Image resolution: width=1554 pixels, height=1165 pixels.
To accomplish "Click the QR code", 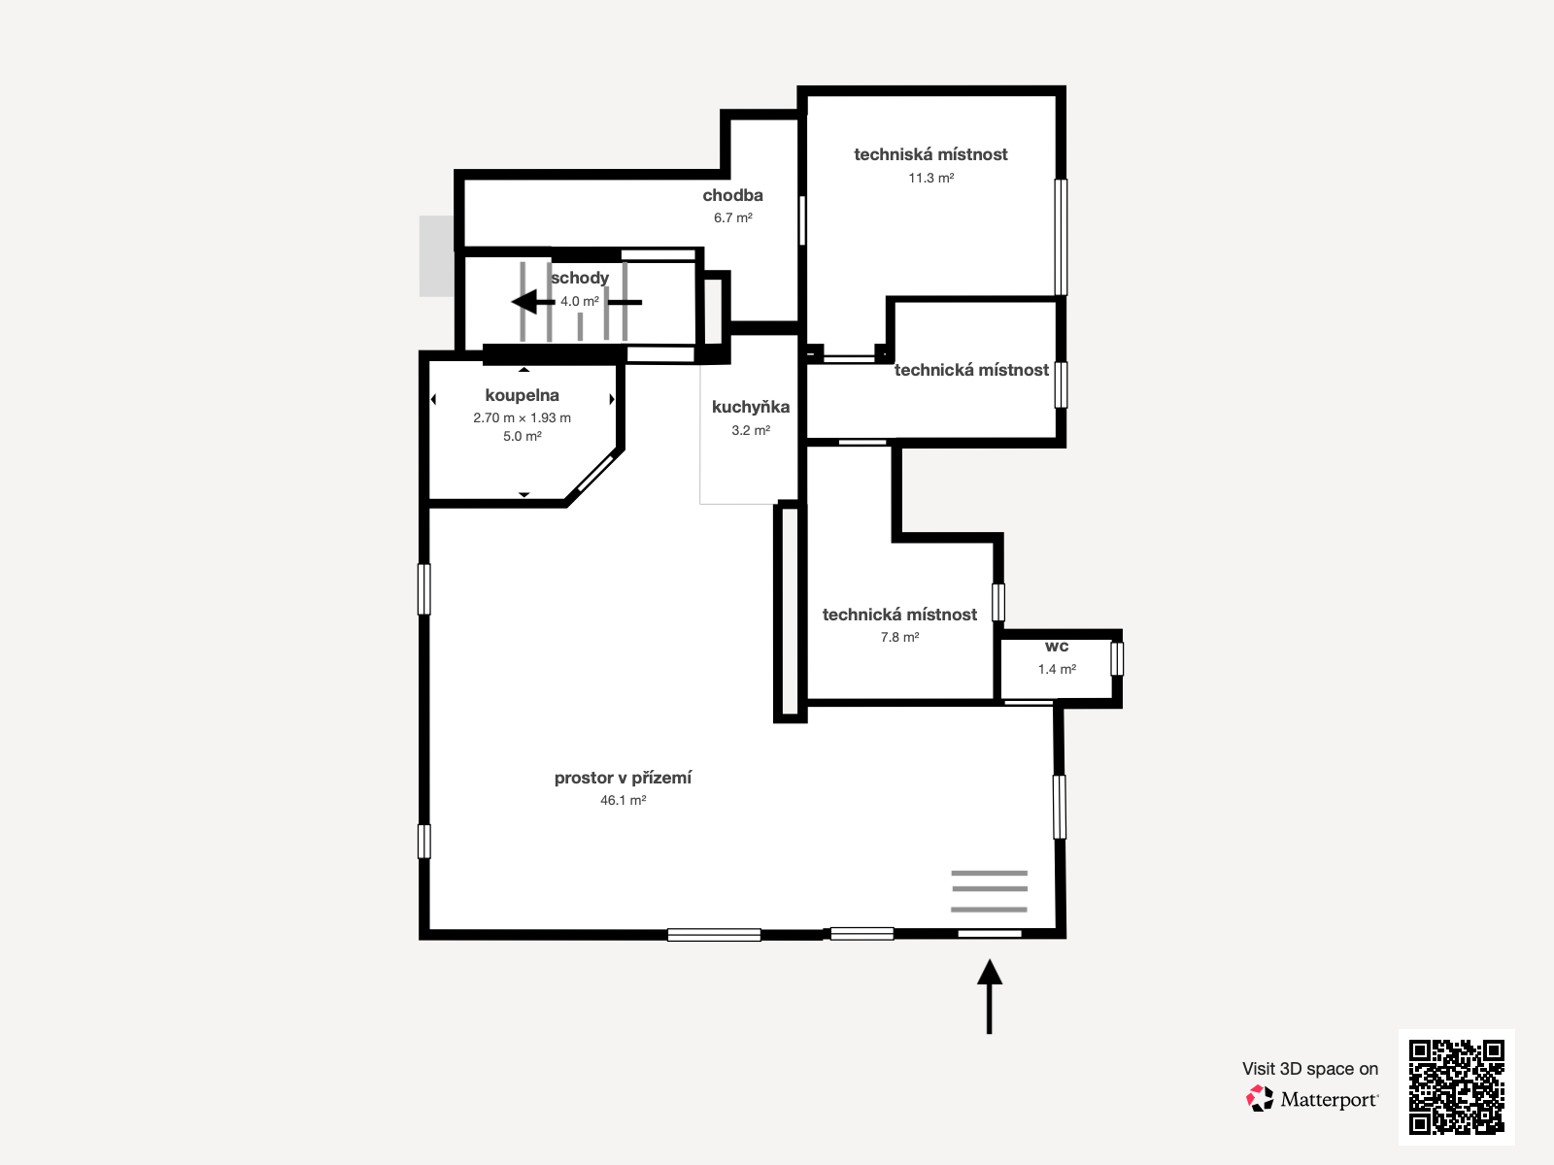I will tap(1456, 1086).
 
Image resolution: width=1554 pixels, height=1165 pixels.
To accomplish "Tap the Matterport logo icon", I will tap(1260, 1099).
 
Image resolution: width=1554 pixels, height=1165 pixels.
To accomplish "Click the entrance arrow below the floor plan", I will tap(989, 996).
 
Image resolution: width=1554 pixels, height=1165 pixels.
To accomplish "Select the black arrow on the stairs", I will tap(529, 302).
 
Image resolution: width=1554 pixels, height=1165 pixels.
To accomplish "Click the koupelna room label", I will tap(522, 395).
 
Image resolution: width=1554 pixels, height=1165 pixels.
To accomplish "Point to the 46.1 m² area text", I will tap(623, 800).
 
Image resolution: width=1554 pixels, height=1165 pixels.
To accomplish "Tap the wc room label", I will tap(1057, 647).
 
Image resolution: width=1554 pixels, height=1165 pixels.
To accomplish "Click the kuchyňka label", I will tap(750, 407).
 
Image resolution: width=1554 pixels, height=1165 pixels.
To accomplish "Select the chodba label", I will tap(732, 195).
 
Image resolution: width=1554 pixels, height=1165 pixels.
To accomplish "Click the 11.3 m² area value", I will tap(930, 178).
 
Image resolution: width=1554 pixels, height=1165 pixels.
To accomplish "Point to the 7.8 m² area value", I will tap(899, 637).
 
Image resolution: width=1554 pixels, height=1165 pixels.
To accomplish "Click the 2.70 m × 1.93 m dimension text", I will tap(522, 417).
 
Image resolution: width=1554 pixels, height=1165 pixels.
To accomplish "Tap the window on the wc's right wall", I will tap(1117, 658).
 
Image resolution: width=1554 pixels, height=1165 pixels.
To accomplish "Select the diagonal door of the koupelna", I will tap(592, 475).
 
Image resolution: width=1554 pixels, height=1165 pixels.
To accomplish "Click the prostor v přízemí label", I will tap(623, 778).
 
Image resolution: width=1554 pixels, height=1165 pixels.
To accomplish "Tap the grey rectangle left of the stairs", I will tap(436, 255).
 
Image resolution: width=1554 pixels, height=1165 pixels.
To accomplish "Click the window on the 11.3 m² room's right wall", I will tap(1061, 237).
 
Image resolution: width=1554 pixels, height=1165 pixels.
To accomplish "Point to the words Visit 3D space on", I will tap(1309, 1069).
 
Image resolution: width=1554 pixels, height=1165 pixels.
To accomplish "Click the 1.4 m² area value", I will tap(1057, 669).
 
